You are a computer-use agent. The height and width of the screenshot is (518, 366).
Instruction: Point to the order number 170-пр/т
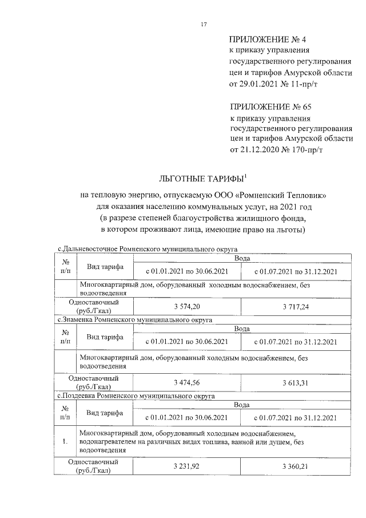point(304,151)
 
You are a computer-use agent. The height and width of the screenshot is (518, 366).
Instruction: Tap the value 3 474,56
point(187,382)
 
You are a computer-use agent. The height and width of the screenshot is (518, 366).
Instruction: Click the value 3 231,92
point(187,466)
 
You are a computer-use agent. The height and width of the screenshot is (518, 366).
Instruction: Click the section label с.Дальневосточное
point(85,249)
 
